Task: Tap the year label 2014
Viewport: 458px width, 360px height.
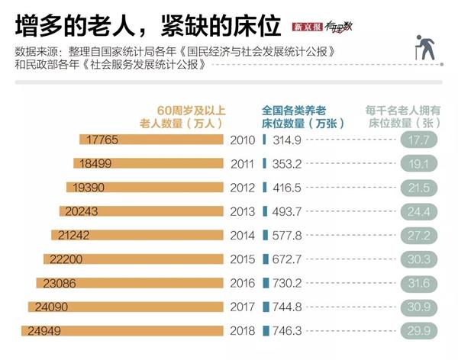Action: coord(243,236)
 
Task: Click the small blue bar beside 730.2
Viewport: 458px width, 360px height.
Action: coord(264,283)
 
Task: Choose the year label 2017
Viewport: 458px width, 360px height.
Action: coord(243,307)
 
